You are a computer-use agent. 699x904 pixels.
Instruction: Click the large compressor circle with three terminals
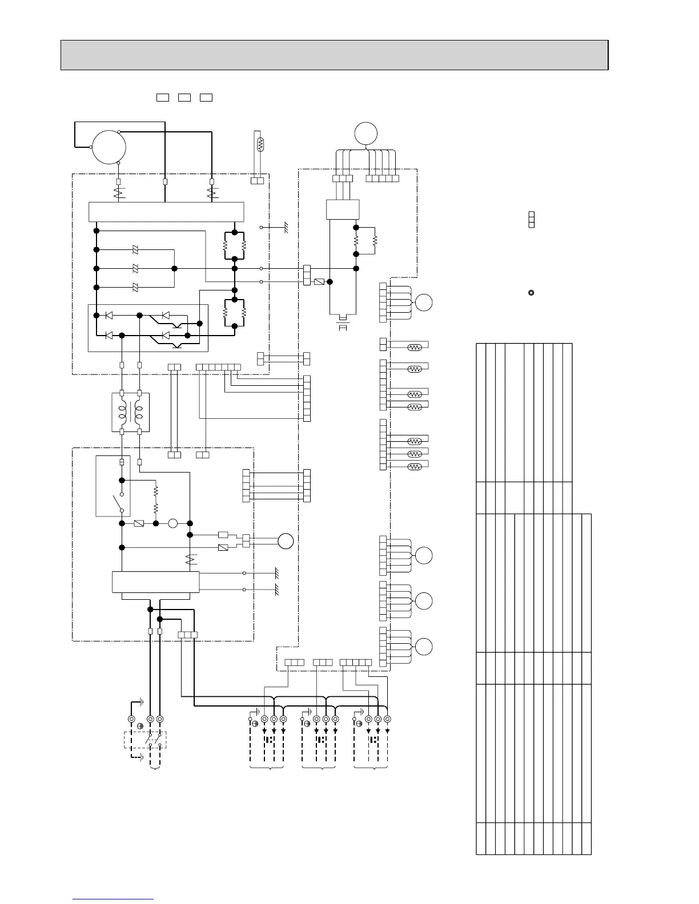coord(109,147)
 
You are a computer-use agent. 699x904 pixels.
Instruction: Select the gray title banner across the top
coord(334,55)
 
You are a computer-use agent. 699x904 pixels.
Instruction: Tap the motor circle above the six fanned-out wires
coord(365,133)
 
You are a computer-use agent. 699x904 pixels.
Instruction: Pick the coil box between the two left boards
coord(131,411)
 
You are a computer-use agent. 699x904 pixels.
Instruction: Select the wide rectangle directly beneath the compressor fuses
coord(166,212)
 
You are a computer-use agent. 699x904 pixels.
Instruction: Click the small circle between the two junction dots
coord(173,523)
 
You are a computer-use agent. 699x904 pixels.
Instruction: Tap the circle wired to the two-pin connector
coord(285,540)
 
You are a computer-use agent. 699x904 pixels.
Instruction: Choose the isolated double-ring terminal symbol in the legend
coord(531,293)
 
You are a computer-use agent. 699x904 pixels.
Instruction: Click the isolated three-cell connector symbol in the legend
coord(531,220)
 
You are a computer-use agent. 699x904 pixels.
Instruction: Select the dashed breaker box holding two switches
coord(145,740)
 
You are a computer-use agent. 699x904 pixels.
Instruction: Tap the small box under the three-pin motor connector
coord(342,209)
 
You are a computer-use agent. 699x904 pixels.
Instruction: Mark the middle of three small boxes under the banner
coord(184,98)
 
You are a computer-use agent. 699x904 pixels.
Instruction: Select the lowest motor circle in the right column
coord(424,647)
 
